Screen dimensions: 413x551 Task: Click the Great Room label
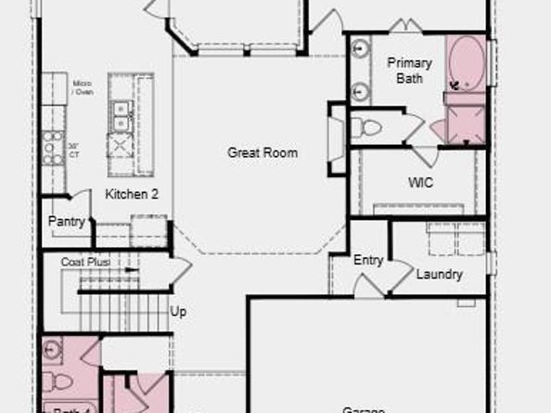pos(263,152)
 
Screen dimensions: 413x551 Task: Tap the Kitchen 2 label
pos(131,194)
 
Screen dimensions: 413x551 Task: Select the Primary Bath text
pos(409,71)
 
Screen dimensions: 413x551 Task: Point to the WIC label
pos(420,183)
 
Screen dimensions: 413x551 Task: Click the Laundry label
pos(439,275)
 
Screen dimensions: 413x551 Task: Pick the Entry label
pos(368,260)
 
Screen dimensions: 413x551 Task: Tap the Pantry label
pos(67,222)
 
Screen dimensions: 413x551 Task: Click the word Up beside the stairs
pos(178,312)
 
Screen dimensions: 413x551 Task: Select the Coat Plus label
pos(85,263)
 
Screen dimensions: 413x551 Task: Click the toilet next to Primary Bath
pos(370,128)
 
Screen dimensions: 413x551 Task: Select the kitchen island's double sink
pos(121,115)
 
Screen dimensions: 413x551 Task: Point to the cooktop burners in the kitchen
pos(52,147)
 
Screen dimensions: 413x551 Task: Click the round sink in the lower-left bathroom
pos(52,350)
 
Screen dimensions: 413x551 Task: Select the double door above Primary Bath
pos(405,27)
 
